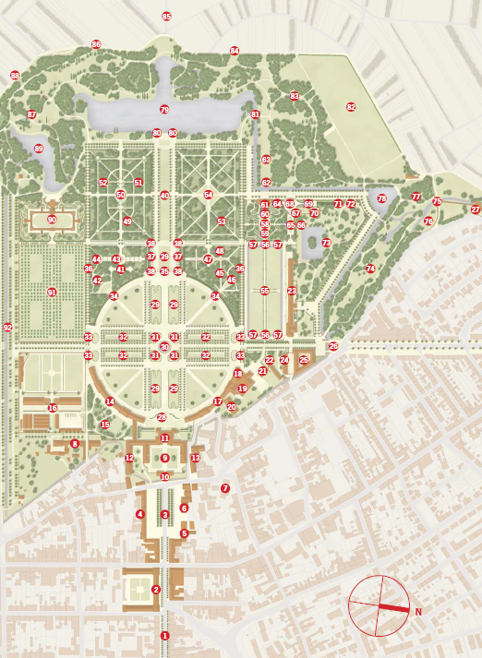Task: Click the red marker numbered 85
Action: (x=166, y=17)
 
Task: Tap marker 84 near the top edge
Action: (x=235, y=51)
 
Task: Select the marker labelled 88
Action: (x=15, y=76)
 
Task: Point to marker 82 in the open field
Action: (x=351, y=107)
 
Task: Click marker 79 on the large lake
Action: (x=164, y=110)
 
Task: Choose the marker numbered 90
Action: (x=52, y=220)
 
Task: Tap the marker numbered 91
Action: (x=52, y=293)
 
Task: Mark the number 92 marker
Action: (x=7, y=328)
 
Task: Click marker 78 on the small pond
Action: (x=381, y=198)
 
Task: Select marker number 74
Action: (x=370, y=269)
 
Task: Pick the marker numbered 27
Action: (x=476, y=209)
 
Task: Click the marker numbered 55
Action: (x=265, y=291)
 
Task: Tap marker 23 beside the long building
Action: (x=292, y=291)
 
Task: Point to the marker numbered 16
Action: (x=53, y=407)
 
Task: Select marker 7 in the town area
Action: (x=225, y=488)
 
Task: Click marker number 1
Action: (x=165, y=635)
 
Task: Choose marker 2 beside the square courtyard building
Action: (x=156, y=589)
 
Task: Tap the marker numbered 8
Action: (x=75, y=444)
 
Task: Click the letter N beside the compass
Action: (x=418, y=612)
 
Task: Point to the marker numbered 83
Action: (x=295, y=96)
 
